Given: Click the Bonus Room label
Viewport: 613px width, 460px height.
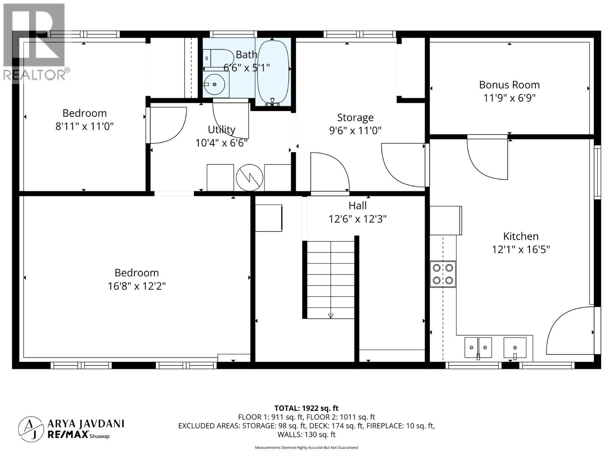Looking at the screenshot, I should pos(509,85).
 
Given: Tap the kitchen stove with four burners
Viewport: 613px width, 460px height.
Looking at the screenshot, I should pos(443,274).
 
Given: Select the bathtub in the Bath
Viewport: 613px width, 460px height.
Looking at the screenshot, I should pos(272,72).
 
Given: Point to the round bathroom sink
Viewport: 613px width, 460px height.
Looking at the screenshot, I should pos(214,84).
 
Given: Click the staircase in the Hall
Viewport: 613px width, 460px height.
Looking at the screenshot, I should pos(331,279).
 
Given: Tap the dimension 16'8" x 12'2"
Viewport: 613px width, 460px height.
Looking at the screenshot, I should pos(137,286).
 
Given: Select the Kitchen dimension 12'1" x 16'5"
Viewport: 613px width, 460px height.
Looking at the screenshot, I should pos(521,250).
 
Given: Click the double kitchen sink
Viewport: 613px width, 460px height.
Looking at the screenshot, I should pos(478,347).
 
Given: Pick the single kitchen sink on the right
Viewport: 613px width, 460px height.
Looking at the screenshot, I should pos(515,347).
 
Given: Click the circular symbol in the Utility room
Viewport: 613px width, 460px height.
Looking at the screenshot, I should pos(249,177).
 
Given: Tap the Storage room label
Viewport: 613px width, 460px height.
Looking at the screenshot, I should pos(355,117).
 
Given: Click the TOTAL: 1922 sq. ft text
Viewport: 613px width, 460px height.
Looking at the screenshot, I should pos(306,408).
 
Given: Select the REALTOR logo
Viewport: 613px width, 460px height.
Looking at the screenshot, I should pos(36,42).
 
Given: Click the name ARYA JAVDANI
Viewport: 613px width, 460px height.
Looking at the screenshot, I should pos(86,424).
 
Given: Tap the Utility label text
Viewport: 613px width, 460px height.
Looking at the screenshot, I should pos(221,130).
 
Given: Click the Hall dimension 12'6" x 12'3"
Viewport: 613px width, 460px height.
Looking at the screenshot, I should pos(357,219).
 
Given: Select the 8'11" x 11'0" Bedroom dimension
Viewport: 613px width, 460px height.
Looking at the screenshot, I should pos(85,126).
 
